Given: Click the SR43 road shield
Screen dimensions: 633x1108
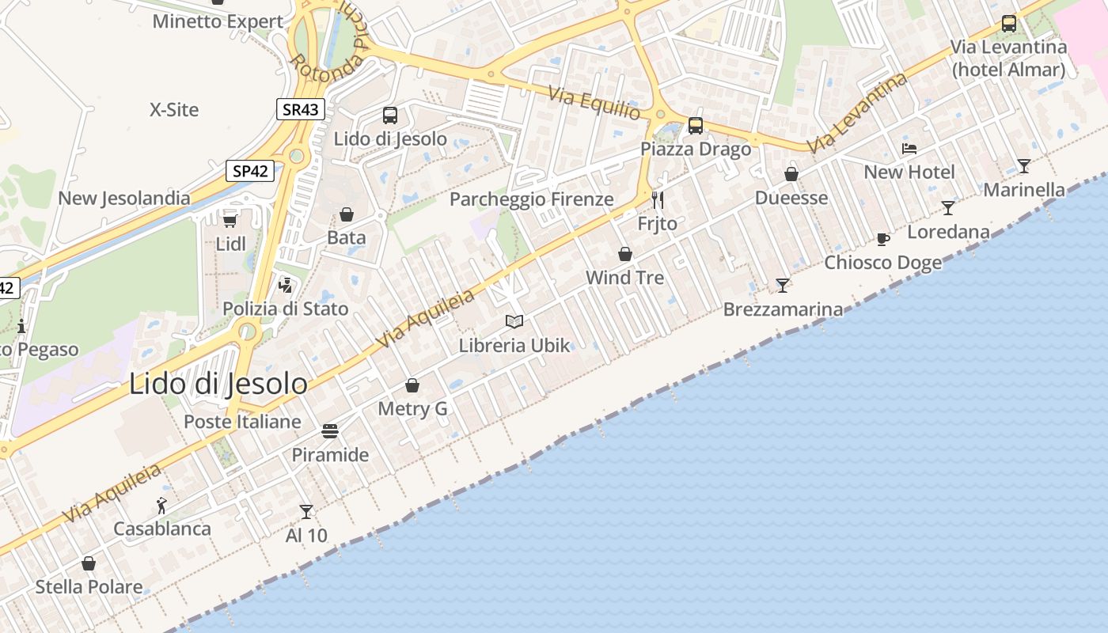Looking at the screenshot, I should click(301, 109).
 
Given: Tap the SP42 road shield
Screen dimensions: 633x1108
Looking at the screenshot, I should click(250, 171).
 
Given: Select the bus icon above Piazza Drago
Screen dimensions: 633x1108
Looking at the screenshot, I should click(696, 125).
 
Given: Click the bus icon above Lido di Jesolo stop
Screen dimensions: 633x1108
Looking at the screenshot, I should click(390, 116).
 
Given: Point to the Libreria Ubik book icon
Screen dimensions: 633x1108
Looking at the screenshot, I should click(514, 321).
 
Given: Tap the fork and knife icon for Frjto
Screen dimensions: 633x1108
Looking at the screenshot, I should click(657, 199).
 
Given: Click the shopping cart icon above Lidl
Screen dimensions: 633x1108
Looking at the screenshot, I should click(230, 220).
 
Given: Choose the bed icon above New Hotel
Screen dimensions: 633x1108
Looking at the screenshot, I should click(909, 149).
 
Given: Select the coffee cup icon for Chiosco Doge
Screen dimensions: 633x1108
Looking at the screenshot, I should click(883, 239).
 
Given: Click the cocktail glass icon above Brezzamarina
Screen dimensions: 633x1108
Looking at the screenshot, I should click(783, 285).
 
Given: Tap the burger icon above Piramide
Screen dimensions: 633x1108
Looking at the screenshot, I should click(330, 431).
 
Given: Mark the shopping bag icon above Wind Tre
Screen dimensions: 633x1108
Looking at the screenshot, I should click(625, 254).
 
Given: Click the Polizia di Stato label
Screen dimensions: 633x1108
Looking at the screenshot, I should click(285, 309).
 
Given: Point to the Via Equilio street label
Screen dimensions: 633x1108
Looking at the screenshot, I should click(594, 103).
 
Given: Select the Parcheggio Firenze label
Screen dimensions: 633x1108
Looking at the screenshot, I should click(531, 199).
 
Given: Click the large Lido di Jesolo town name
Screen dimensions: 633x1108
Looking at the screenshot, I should click(218, 384).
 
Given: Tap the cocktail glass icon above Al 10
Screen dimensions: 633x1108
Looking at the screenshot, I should click(306, 512).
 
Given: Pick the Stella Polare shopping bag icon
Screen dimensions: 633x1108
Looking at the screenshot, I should click(89, 563).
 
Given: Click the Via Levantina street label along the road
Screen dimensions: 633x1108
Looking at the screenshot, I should click(857, 112).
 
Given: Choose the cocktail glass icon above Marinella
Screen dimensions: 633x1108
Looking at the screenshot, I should click(1024, 166).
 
